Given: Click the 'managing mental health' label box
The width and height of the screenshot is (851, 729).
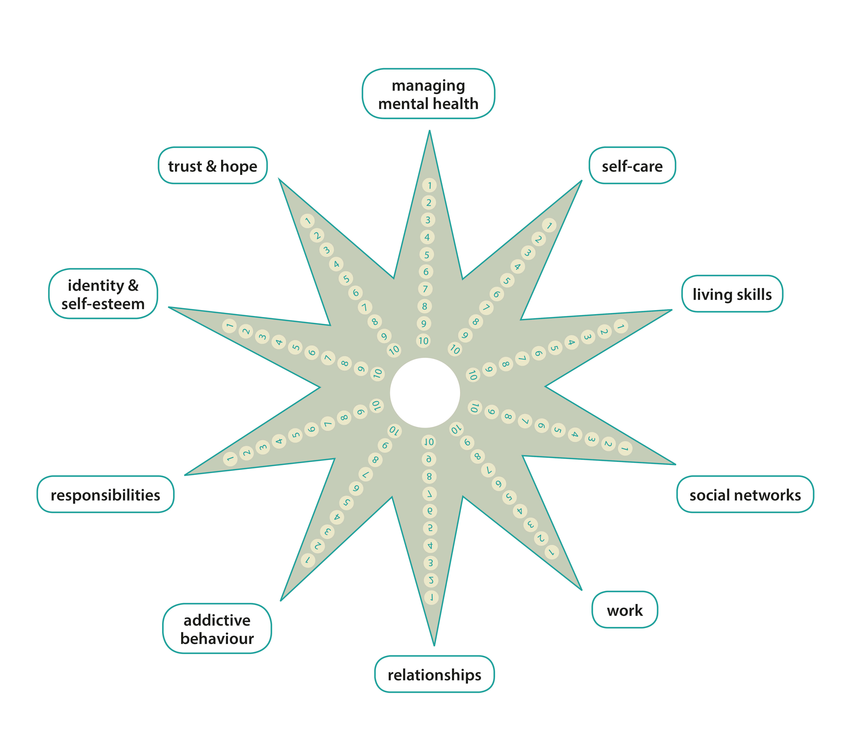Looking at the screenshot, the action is click(428, 94).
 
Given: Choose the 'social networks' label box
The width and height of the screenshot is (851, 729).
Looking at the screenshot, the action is click(745, 494).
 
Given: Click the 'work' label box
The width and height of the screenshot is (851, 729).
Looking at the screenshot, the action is click(625, 610).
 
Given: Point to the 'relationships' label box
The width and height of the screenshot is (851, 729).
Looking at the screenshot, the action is click(435, 674).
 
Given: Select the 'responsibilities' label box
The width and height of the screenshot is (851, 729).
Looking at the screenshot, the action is click(105, 494).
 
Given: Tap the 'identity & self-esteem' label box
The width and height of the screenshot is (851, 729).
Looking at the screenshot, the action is click(103, 294).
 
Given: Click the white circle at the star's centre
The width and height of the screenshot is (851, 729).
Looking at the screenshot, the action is click(425, 393).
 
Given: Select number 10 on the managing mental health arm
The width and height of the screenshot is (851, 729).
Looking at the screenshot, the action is click(424, 341).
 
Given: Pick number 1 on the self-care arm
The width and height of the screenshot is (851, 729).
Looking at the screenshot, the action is click(549, 225).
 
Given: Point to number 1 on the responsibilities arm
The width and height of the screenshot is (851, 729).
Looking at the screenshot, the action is click(230, 458).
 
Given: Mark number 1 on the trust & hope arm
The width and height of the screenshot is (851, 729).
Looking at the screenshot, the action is click(307, 221).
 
